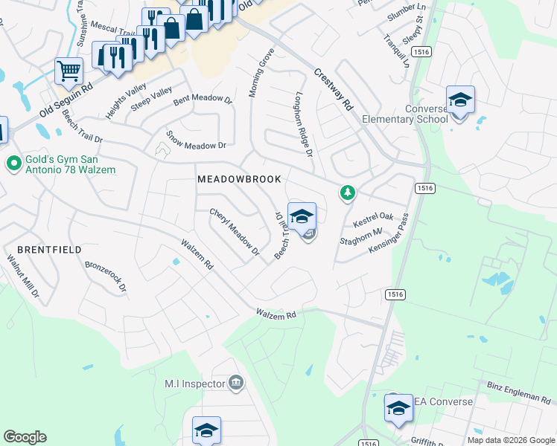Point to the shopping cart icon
tap(69, 71)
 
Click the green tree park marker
tap(347, 193)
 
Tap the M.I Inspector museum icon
tap(235, 384)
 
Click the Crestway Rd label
tap(333, 90)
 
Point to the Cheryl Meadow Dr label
tap(235, 232)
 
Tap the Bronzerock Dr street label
tap(106, 276)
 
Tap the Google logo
tap(25, 437)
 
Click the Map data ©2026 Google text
tap(511, 440)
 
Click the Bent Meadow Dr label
tap(203, 98)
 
